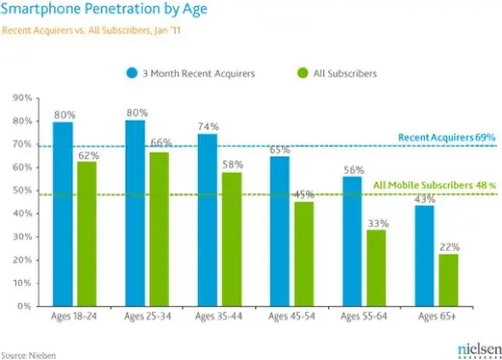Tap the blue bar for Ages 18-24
(64, 212)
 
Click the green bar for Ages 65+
(448, 280)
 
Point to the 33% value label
(377, 223)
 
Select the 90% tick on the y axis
(18, 98)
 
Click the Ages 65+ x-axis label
(436, 317)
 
